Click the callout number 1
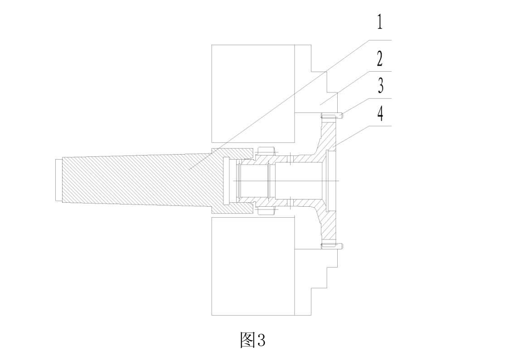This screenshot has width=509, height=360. click(x=380, y=22)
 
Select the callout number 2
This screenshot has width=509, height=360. click(x=379, y=58)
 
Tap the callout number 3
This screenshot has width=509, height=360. click(x=380, y=85)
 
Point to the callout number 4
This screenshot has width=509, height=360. click(x=380, y=114)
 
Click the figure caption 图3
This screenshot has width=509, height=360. click(x=252, y=340)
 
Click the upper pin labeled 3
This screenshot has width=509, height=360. click(x=332, y=116)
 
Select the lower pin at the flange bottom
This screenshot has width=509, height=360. click(x=332, y=246)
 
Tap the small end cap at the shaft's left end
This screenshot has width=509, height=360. click(x=59, y=180)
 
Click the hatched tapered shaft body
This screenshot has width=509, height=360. click(x=140, y=180)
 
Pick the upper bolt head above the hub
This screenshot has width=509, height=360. click(x=267, y=151)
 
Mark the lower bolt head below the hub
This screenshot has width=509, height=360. click(x=267, y=211)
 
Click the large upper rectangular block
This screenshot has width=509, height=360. click(x=253, y=93)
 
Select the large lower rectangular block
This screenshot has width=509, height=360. click(x=253, y=266)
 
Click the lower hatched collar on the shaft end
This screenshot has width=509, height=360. click(x=233, y=208)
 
